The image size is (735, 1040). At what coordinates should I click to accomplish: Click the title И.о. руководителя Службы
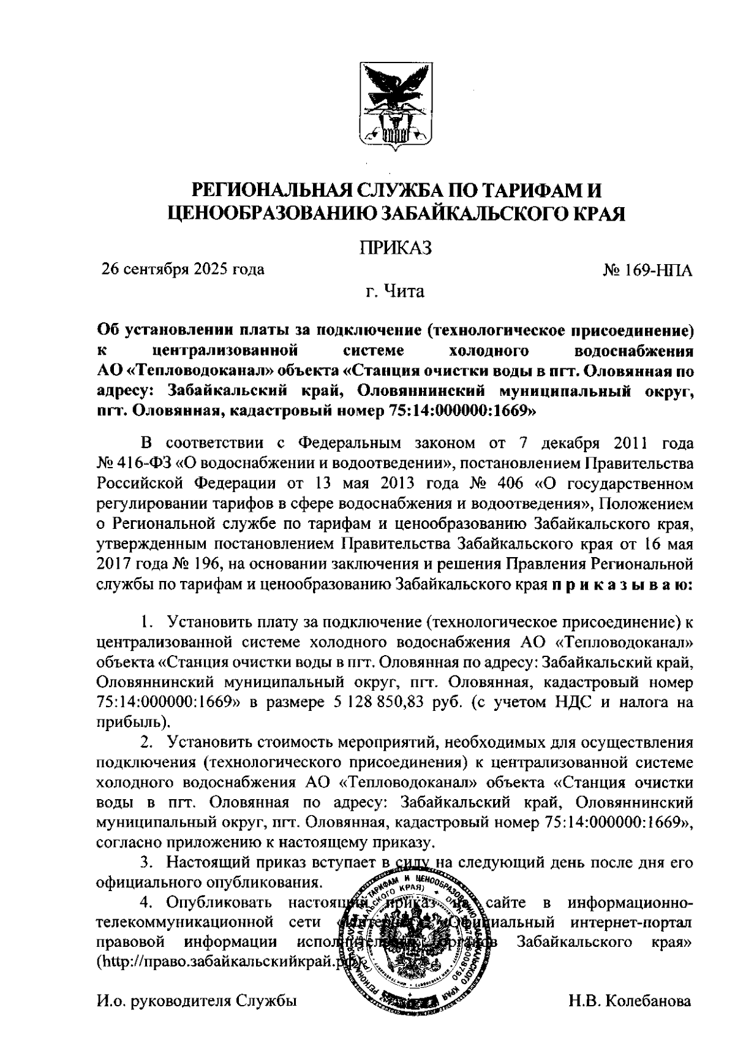(x=196, y=1001)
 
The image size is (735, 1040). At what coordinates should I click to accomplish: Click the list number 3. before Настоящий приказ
(x=148, y=863)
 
